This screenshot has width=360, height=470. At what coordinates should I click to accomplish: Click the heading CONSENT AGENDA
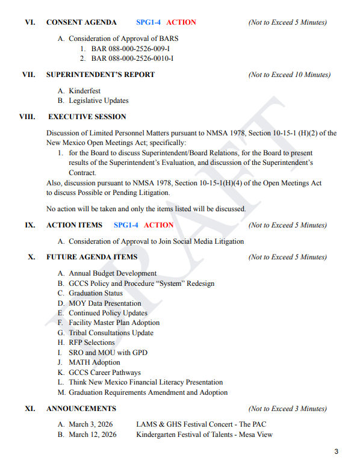pos(81,22)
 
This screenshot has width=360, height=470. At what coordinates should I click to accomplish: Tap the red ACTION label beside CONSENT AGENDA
pos(181,22)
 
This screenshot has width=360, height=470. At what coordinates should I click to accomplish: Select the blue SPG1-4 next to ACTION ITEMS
pos(126,225)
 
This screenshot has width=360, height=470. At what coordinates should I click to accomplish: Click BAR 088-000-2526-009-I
pos(130,49)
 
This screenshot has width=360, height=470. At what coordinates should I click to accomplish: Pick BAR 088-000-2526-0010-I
pos(132,58)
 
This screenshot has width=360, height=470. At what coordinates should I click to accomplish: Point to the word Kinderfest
pos(88,91)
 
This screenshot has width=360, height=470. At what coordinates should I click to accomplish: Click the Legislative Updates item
pos(98,100)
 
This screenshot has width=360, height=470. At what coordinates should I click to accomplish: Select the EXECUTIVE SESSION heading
pos(87,117)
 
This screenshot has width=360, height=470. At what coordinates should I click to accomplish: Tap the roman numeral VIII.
pos(27,117)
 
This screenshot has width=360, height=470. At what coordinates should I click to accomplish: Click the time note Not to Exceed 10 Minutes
pos(289,75)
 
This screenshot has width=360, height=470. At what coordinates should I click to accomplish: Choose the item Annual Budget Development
pos(113,274)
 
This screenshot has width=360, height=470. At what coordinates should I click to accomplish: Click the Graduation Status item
pos(95,293)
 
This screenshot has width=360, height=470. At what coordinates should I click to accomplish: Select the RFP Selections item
pos(92,342)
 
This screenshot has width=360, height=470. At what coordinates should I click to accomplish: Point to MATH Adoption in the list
pos(94,362)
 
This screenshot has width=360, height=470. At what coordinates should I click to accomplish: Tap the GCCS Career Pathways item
pos(105,373)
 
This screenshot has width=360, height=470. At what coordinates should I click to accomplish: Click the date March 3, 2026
pos(90,424)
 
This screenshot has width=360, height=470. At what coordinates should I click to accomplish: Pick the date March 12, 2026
pos(92,434)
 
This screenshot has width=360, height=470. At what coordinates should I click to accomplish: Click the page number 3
pos(337,452)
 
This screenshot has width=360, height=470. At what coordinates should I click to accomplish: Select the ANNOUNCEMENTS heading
pos(81,409)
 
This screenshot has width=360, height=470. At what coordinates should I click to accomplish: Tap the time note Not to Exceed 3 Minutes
pos(287,409)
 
